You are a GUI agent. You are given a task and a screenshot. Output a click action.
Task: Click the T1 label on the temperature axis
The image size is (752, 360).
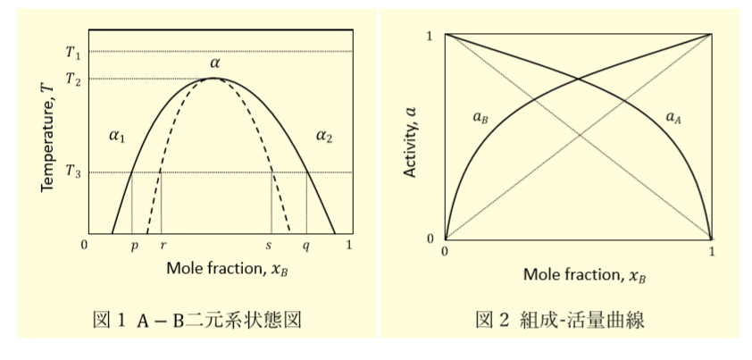73,51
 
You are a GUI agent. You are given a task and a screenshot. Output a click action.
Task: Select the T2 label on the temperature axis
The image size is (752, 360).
73,79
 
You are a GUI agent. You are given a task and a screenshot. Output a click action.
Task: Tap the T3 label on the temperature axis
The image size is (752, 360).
73,172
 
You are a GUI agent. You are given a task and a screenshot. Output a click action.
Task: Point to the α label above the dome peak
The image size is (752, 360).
214,63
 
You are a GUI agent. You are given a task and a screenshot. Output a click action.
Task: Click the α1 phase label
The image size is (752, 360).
117,137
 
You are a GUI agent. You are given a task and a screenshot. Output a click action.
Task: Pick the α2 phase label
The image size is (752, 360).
324,137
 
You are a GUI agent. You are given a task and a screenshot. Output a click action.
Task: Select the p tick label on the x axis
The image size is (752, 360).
134,246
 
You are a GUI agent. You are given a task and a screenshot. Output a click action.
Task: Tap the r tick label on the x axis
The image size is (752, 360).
163,245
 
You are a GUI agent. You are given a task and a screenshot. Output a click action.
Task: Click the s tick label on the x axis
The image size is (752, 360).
269,245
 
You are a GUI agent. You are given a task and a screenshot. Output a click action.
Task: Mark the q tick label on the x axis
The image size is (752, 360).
306,246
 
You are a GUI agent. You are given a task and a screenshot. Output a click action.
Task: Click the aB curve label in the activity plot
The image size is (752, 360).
481,118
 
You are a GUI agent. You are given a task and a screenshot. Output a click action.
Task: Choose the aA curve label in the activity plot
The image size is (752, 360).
673,118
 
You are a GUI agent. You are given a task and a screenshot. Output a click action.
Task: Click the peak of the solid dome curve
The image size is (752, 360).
213,79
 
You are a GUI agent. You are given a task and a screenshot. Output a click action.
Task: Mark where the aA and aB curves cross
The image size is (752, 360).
579,80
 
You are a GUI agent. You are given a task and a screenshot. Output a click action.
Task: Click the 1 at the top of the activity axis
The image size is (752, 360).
430,36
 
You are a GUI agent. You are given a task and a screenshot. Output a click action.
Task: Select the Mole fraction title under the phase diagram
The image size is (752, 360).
228,268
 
